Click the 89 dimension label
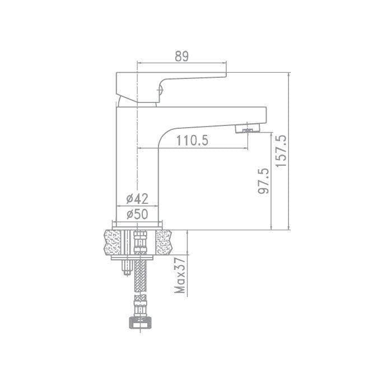182,56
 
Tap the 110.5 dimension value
192,141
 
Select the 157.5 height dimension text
281,151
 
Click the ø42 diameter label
137,199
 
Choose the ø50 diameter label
137,214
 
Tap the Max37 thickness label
180,275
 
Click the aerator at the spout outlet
248,129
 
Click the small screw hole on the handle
160,90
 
